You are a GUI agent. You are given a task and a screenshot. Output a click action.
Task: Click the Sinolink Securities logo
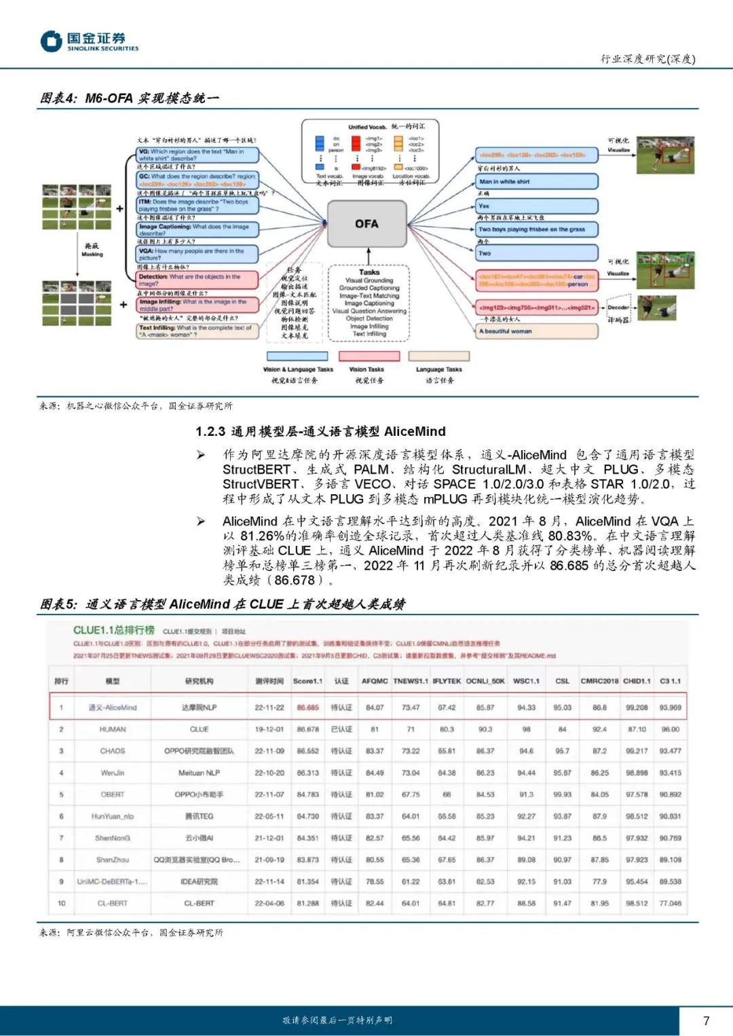pyautogui.click(x=89, y=41)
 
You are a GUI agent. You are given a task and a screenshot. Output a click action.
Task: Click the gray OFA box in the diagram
pyautogui.click(x=366, y=224)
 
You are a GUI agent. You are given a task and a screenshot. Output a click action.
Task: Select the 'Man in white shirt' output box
pyautogui.click(x=536, y=181)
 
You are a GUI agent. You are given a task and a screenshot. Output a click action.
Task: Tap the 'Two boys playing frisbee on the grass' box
pyautogui.click(x=536, y=229)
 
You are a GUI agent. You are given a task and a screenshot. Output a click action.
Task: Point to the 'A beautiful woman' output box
pyautogui.click(x=536, y=331)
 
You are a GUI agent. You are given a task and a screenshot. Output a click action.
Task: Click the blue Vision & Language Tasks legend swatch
pyautogui.click(x=297, y=356)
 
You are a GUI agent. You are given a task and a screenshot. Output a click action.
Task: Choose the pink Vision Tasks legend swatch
pyautogui.click(x=369, y=356)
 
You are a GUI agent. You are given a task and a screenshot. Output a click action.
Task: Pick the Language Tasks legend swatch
pyautogui.click(x=439, y=356)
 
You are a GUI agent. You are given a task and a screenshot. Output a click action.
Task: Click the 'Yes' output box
pyautogui.click(x=536, y=206)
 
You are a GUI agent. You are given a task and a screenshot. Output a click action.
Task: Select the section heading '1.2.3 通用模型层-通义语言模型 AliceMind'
pyautogui.click(x=320, y=431)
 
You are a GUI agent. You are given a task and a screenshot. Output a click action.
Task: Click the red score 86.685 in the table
pyautogui.click(x=307, y=707)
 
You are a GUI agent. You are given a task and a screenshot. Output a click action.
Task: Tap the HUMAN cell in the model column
pyautogui.click(x=113, y=729)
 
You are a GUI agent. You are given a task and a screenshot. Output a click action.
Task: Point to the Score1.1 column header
pyautogui.click(x=307, y=681)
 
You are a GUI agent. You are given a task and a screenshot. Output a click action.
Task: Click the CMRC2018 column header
pyautogui.click(x=599, y=681)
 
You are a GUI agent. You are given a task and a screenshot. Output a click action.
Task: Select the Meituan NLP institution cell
pyautogui.click(x=199, y=773)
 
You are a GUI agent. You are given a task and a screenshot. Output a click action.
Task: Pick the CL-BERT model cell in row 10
pyautogui.click(x=113, y=903)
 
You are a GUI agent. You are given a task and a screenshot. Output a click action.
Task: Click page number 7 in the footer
pyautogui.click(x=706, y=1020)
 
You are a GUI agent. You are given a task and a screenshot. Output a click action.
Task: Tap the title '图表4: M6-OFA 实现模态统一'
pyautogui.click(x=129, y=98)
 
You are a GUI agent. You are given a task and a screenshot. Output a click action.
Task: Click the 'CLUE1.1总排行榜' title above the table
pyautogui.click(x=114, y=630)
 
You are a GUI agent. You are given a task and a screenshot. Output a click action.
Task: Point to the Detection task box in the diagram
pyautogui.click(x=198, y=280)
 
